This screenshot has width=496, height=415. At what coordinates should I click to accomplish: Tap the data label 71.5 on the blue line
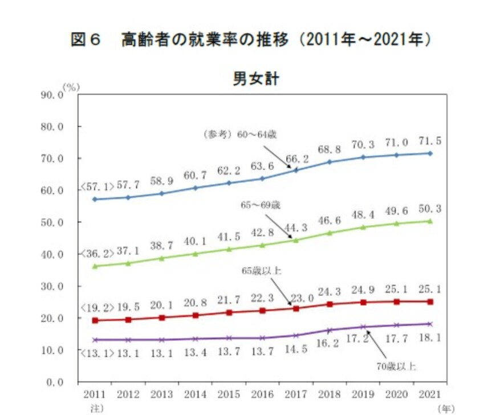point(430,140)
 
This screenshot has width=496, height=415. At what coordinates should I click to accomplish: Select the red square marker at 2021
point(430,302)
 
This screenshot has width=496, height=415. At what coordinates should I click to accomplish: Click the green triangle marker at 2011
point(94,266)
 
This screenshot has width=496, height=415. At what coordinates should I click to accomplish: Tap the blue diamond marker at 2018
point(329,162)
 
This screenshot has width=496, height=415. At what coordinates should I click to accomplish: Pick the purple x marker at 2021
point(430,324)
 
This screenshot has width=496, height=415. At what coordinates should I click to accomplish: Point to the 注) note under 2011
point(94,408)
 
